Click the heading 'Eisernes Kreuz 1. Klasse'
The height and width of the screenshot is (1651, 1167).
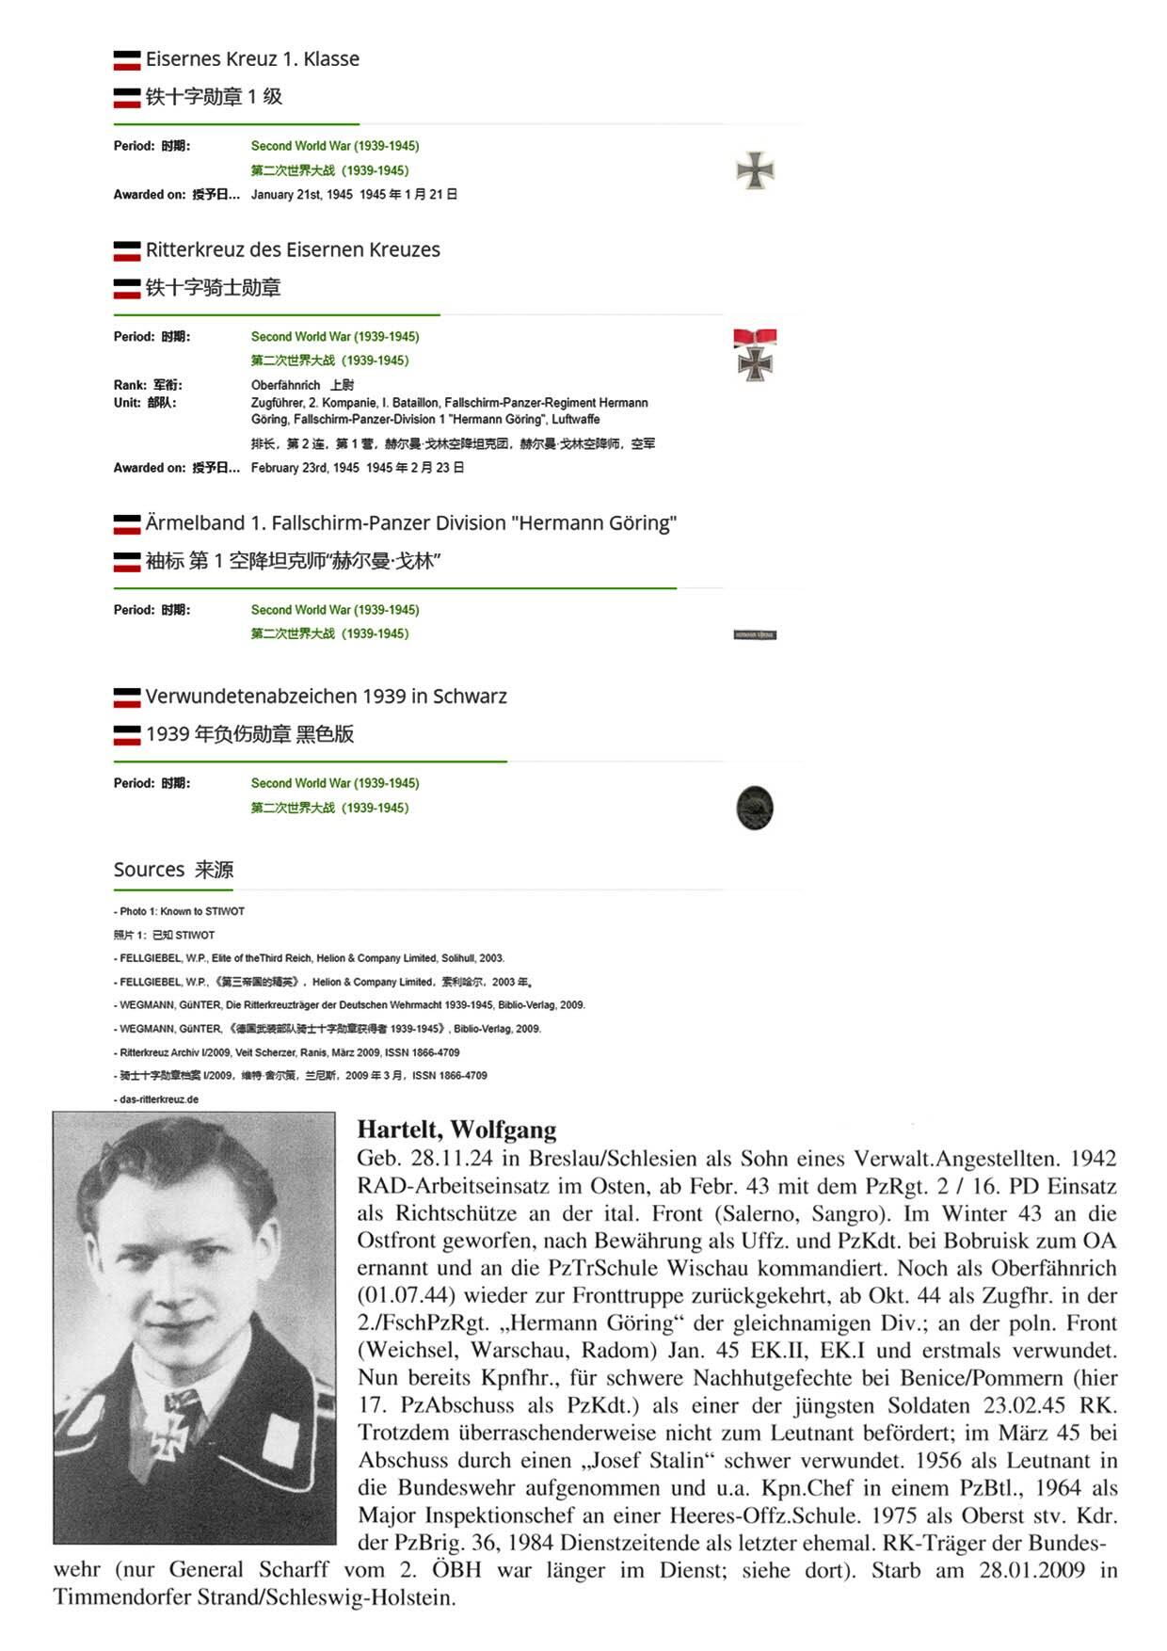(x=252, y=59)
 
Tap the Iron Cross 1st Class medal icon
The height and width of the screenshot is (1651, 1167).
(x=755, y=171)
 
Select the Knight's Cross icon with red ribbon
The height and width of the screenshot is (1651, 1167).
(x=755, y=355)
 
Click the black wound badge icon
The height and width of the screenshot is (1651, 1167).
(x=755, y=808)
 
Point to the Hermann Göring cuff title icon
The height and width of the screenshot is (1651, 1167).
(x=755, y=635)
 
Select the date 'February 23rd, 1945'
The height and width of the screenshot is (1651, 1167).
(x=305, y=468)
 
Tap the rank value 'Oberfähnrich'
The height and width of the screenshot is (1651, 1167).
(x=285, y=385)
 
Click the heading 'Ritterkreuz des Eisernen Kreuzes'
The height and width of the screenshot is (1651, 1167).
(x=293, y=250)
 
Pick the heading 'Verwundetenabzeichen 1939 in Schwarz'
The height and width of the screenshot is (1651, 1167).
(x=326, y=697)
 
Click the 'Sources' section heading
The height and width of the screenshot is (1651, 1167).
(x=149, y=870)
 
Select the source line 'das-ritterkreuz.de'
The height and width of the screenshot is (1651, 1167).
(x=159, y=1099)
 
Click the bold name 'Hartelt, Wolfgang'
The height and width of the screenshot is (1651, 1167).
(x=456, y=1130)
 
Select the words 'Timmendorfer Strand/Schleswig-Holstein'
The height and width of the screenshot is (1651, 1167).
(x=254, y=1597)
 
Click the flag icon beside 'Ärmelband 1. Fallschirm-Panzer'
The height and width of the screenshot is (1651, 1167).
(x=127, y=524)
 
